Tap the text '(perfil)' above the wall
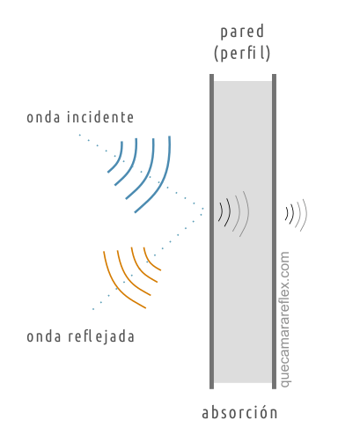[242, 53]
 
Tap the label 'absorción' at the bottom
[239, 412]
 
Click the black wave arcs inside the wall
[225, 212]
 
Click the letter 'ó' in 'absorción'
[262, 411]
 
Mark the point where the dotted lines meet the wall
[210, 210]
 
